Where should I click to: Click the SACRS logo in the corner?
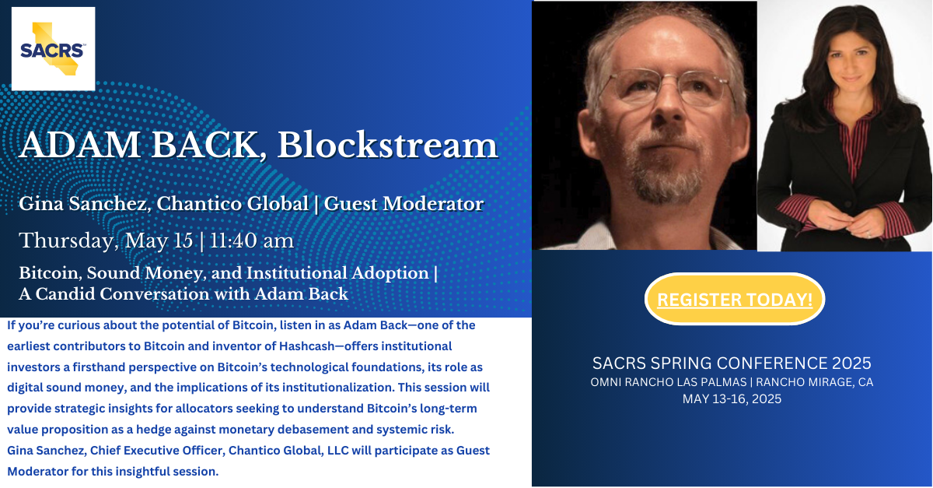pyautogui.click(x=54, y=49)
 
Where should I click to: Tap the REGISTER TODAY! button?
pyautogui.click(x=735, y=299)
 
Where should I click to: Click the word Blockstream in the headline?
pyautogui.click(x=387, y=145)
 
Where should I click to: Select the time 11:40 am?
pyautogui.click(x=252, y=240)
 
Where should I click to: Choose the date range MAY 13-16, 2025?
pyautogui.click(x=732, y=399)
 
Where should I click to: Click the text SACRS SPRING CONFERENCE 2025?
pyautogui.click(x=732, y=363)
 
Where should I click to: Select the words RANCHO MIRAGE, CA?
pyautogui.click(x=815, y=382)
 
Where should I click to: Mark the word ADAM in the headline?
pyautogui.click(x=80, y=145)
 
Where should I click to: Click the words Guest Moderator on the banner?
pyautogui.click(x=404, y=204)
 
